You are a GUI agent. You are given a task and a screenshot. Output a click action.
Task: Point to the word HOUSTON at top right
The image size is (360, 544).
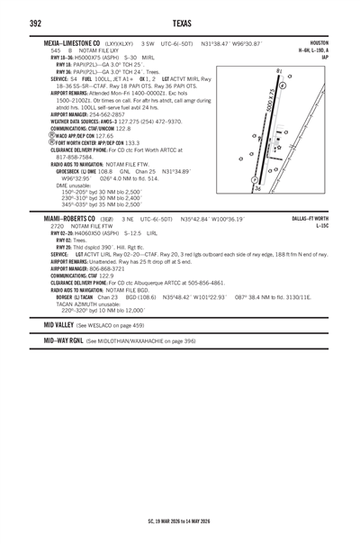point(319,43)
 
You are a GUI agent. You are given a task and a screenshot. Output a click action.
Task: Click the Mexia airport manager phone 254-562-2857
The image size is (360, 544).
point(102,115)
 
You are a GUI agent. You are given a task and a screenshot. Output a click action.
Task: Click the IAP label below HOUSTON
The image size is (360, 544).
point(324,57)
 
